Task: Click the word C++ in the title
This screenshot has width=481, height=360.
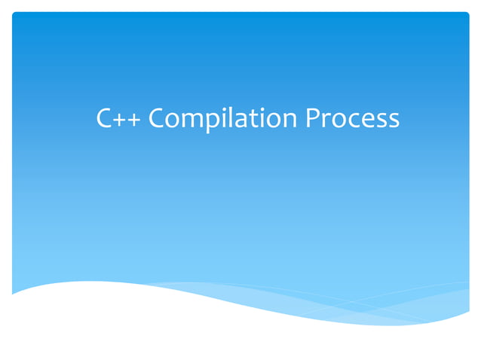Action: pyautogui.click(x=120, y=118)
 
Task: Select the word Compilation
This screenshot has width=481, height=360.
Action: pyautogui.click(x=224, y=119)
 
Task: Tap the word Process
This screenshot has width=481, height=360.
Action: pyautogui.click(x=352, y=118)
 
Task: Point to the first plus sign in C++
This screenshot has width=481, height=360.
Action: pyautogui.click(x=121, y=120)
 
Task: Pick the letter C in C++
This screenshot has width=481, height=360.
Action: pyautogui.click(x=105, y=118)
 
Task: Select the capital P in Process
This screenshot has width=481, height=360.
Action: pyautogui.click(x=312, y=118)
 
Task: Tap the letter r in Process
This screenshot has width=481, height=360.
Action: pyautogui.click(x=326, y=121)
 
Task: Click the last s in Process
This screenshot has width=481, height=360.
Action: pyautogui.click(x=393, y=121)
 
